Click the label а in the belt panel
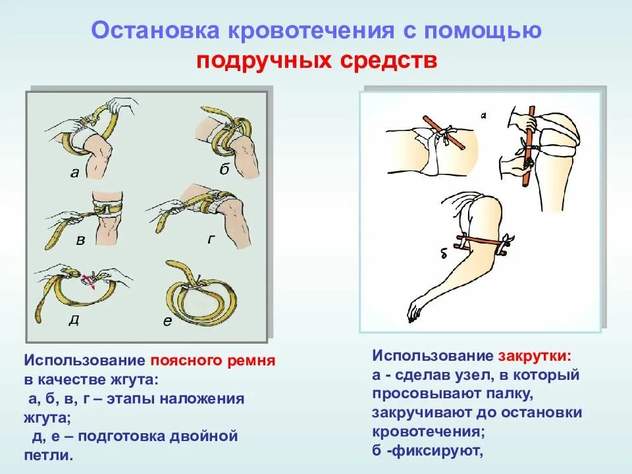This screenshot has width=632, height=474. click(74, 174)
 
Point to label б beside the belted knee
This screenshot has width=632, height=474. click(224, 170)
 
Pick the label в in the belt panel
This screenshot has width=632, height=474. click(80, 241)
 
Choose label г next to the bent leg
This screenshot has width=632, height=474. click(211, 239)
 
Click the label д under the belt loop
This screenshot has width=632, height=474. click(74, 321)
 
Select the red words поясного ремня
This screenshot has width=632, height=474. click(212, 361)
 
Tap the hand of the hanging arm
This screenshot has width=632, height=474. click(415, 310)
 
